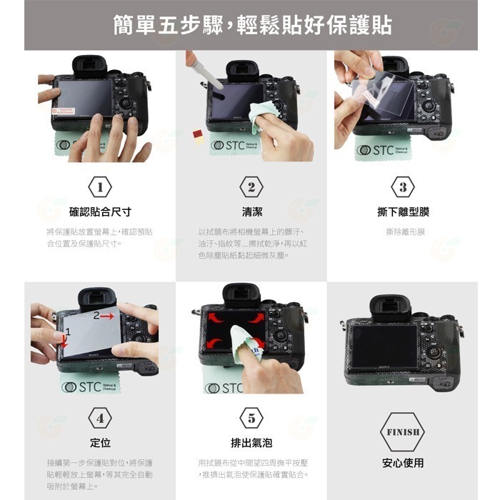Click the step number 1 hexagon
(x=100, y=187)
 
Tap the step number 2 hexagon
(x=251, y=187)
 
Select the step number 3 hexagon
(x=403, y=187)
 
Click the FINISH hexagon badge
(x=403, y=431)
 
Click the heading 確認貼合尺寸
(x=100, y=212)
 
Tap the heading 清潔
(x=251, y=212)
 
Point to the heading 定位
(x=100, y=443)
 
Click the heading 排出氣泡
(x=251, y=443)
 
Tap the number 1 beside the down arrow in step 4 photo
(x=69, y=331)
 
